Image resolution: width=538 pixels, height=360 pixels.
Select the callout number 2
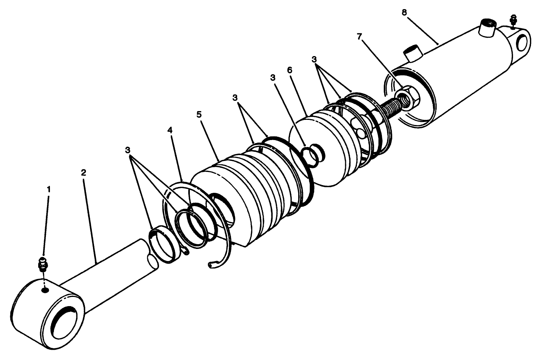pos(83,172)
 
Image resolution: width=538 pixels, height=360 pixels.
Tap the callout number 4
pos(170,130)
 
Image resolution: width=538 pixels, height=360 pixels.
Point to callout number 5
pos(199,114)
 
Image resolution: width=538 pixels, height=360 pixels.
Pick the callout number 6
pos(290,70)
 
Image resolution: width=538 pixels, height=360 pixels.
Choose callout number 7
pos(359,36)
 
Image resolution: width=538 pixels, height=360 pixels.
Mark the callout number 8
pos(404,12)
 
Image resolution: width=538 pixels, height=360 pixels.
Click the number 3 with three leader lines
pos(314,59)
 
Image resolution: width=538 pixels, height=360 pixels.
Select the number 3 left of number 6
pos(272,77)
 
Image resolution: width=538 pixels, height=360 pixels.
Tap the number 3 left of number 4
pos(127,150)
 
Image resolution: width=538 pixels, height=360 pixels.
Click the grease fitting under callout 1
pos(43,264)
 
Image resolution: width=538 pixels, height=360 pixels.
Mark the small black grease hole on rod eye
pos(45,290)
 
